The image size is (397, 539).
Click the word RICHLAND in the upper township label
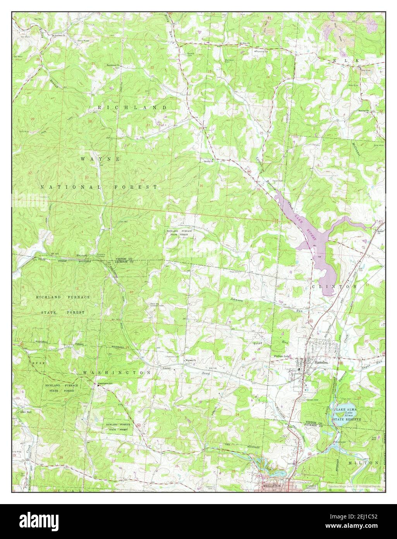(132, 107)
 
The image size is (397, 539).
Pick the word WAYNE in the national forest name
(101, 159)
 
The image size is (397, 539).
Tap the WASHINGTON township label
(116, 372)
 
